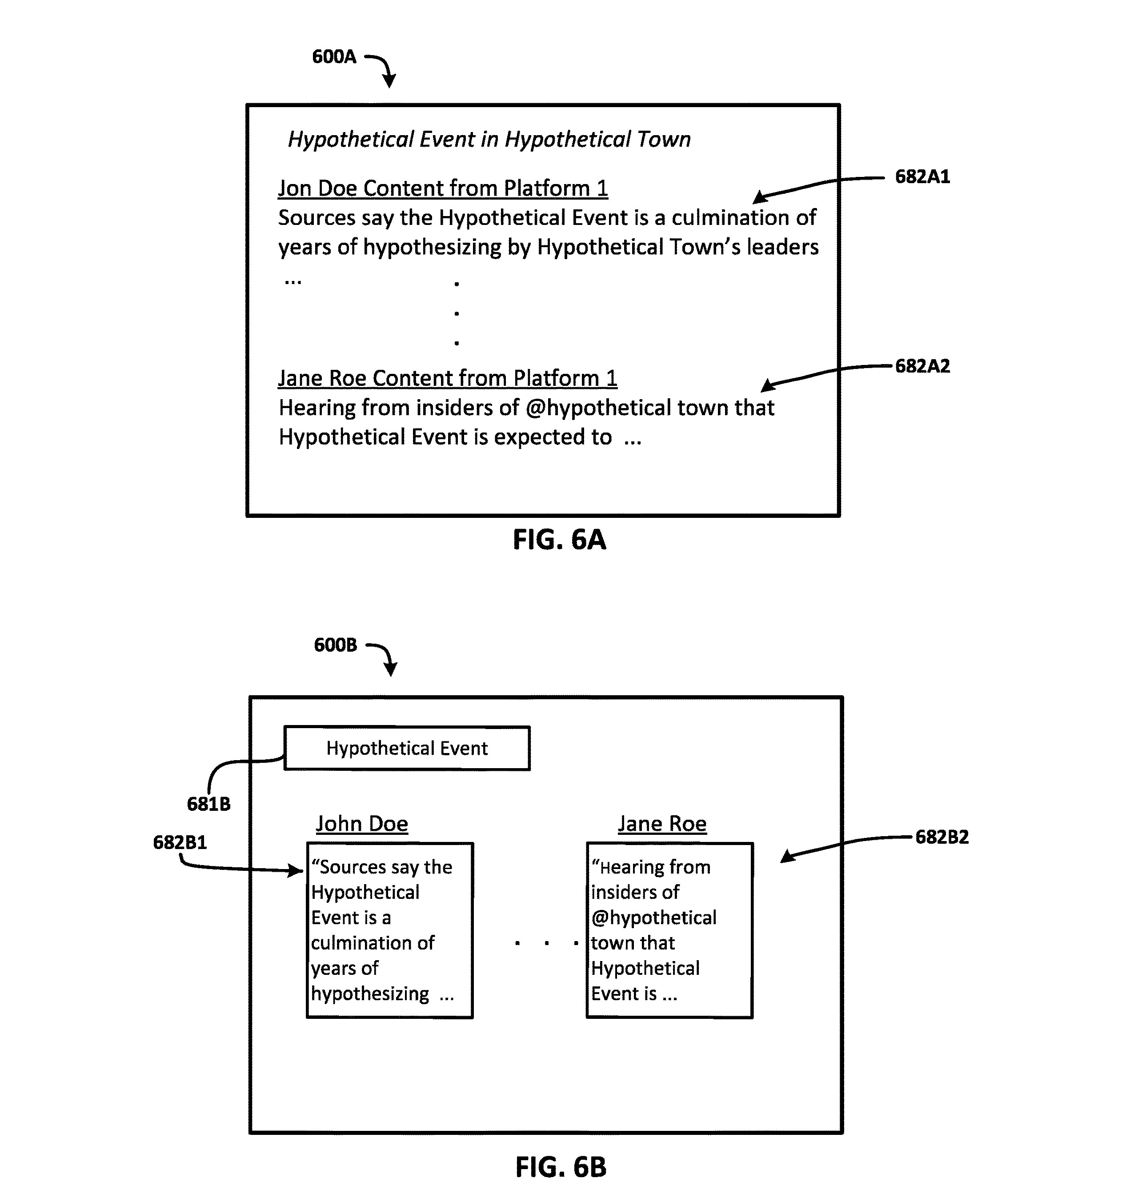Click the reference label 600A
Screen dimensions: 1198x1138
tap(334, 57)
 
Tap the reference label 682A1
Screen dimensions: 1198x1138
tap(922, 176)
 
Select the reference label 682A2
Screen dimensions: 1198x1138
tap(922, 366)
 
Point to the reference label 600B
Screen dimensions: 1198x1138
tap(336, 645)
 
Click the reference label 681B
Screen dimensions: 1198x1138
tap(208, 804)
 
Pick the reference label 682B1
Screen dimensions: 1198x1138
tap(180, 842)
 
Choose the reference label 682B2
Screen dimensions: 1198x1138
tap(942, 837)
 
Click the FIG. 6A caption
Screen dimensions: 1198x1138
tap(559, 539)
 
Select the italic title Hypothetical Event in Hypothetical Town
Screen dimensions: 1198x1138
tap(489, 140)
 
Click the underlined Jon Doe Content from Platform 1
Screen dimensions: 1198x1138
tap(443, 188)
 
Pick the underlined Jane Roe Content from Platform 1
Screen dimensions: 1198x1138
tap(448, 378)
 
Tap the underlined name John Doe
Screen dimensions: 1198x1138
tap(362, 824)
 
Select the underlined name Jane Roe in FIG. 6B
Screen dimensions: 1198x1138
tap(662, 824)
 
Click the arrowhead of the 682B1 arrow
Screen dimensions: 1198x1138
tap(297, 871)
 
